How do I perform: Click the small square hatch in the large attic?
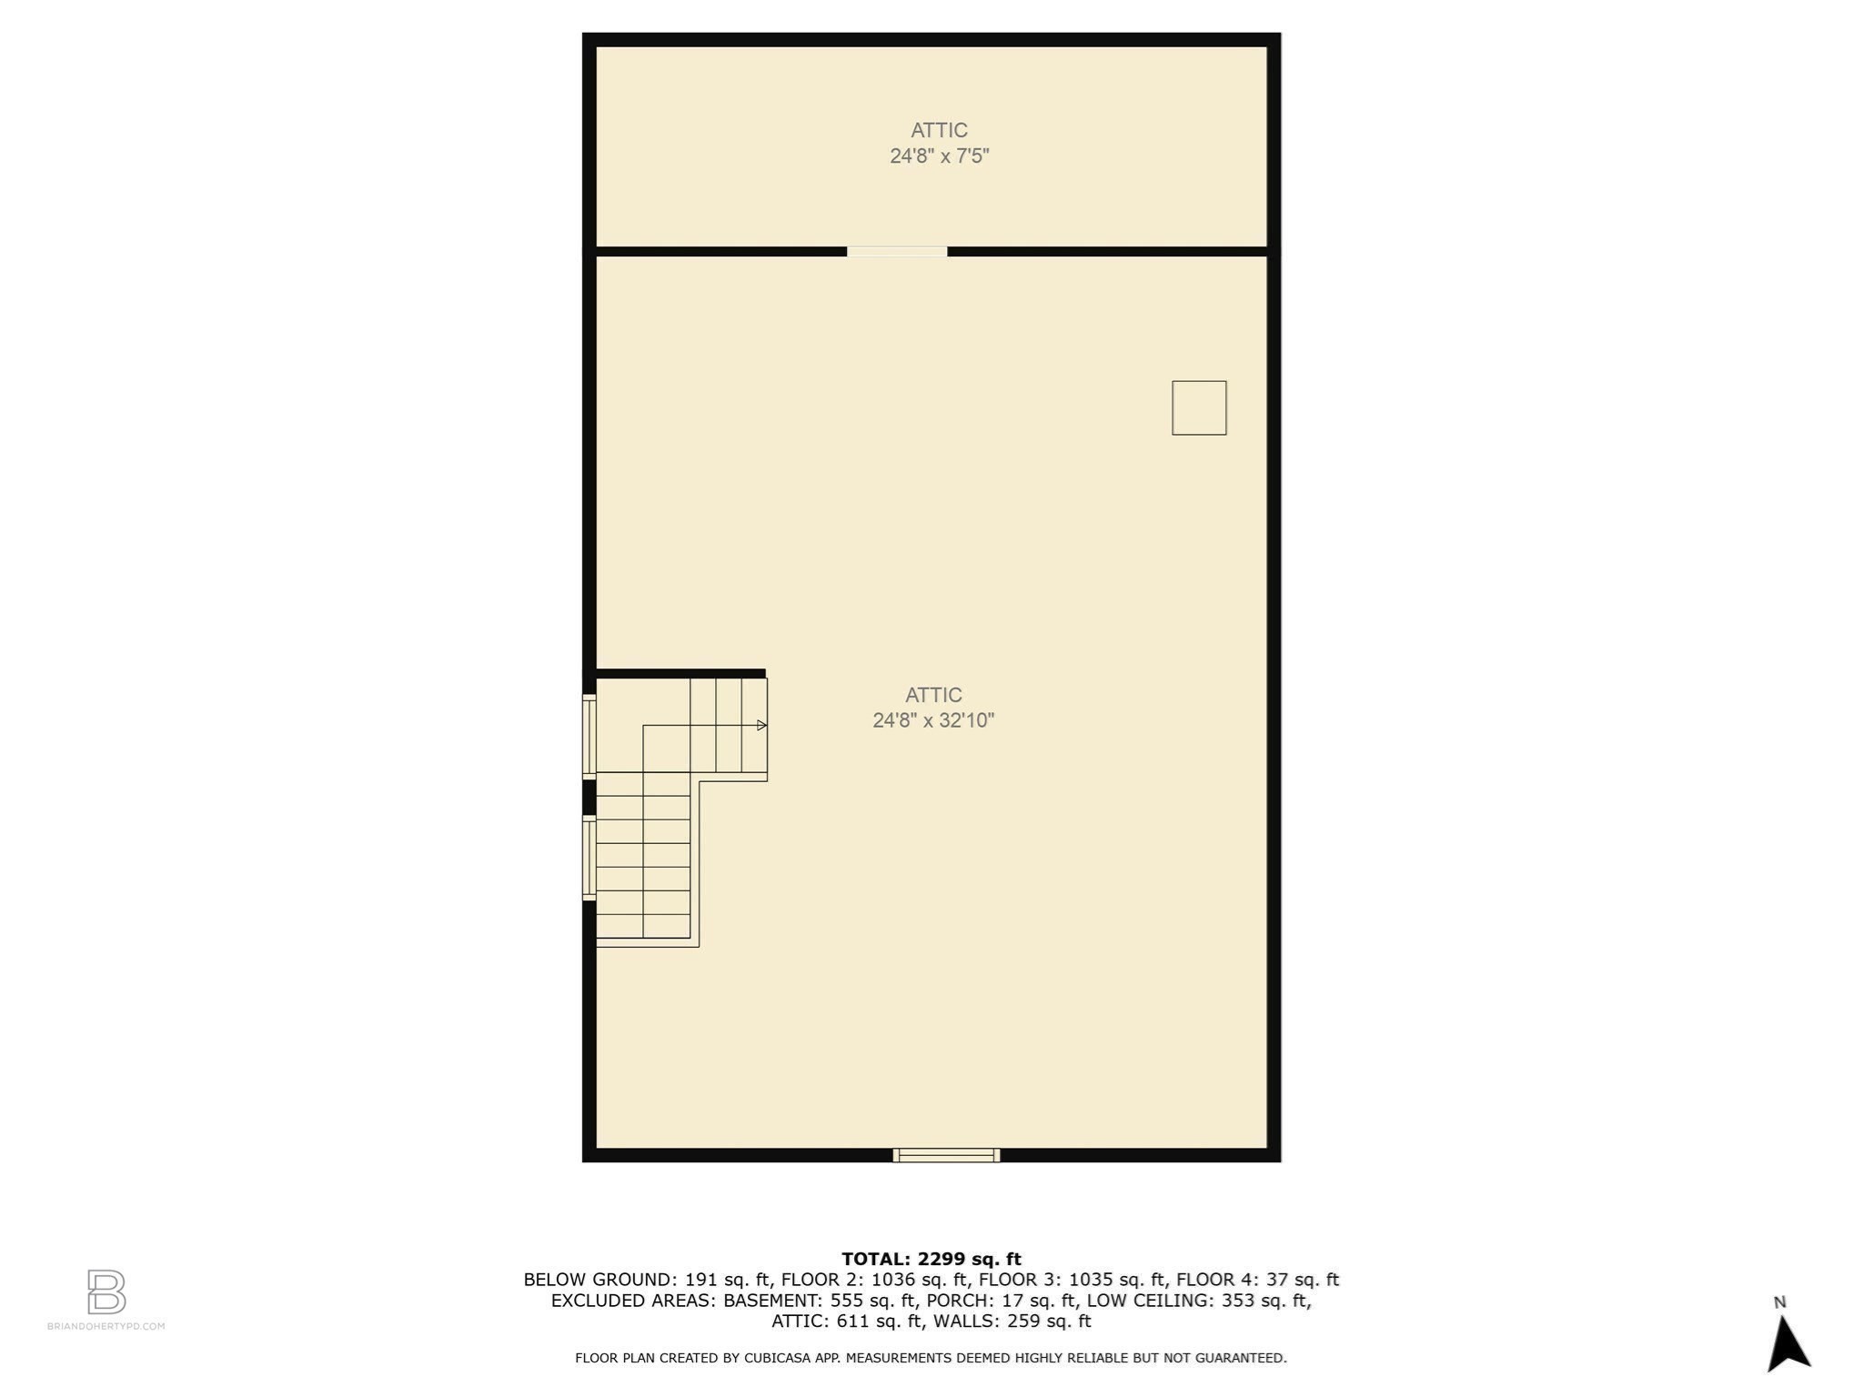[1199, 407]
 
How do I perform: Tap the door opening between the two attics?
[897, 252]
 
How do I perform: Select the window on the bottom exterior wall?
[946, 1155]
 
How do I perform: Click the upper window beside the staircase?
[589, 737]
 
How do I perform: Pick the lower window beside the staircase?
[589, 859]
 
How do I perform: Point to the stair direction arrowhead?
[762, 725]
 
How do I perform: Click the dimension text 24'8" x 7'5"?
[939, 156]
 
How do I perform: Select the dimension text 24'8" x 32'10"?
[933, 721]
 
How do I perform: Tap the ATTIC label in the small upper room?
[939, 130]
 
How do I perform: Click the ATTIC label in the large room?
[933, 695]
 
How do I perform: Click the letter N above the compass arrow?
[1780, 1302]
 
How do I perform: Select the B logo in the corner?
[106, 1291]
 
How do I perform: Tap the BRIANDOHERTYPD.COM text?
[106, 1326]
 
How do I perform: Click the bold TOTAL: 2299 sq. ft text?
[931, 1259]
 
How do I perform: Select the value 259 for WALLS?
[1025, 1322]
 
